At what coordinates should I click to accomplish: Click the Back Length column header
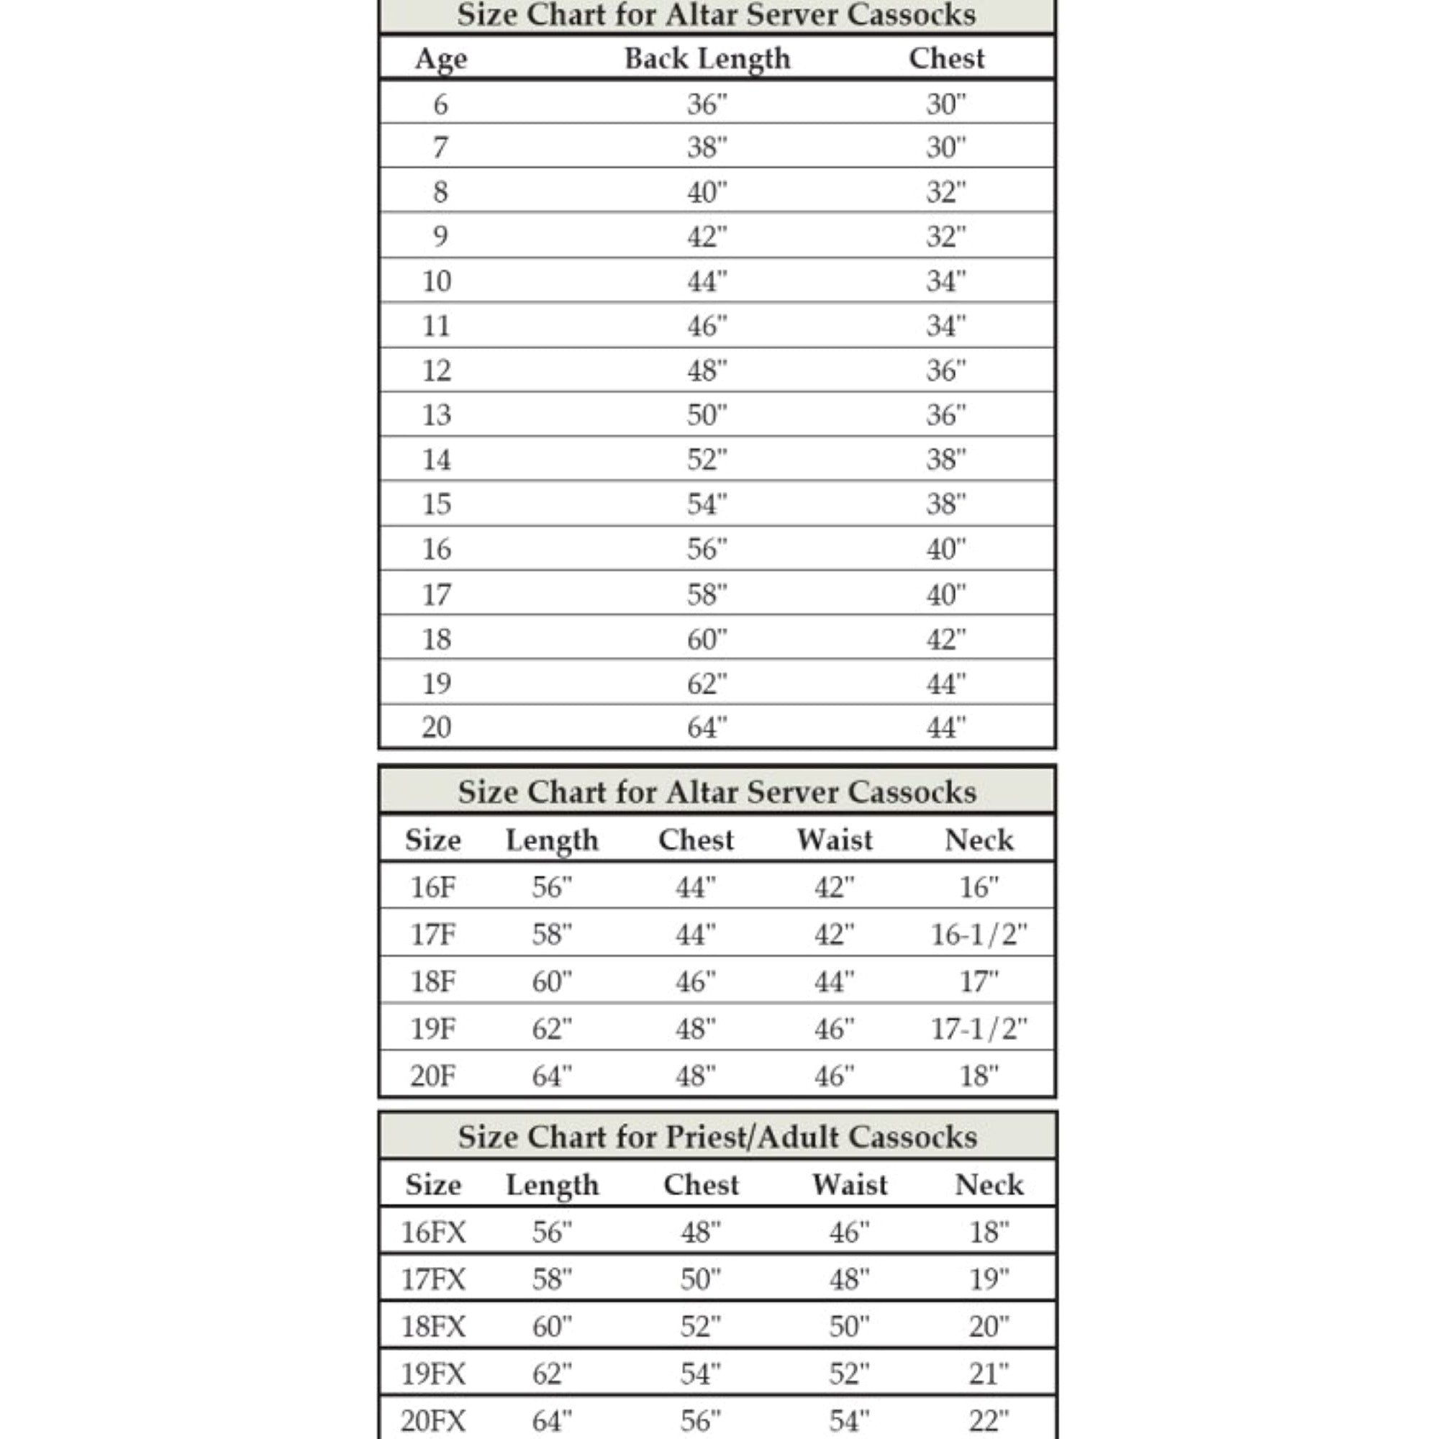[x=707, y=59]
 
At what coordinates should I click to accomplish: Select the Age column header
[x=441, y=59]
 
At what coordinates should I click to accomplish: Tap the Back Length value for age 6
[x=707, y=104]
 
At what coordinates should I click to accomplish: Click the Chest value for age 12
[x=946, y=370]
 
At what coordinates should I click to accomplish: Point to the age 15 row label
[x=437, y=504]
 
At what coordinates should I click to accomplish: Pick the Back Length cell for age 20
[x=707, y=727]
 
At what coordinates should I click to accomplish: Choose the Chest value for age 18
[x=946, y=639]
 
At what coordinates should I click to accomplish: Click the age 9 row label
[x=440, y=236]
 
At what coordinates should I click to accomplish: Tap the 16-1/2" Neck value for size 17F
[x=979, y=934]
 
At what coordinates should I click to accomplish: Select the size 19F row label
[x=432, y=1029]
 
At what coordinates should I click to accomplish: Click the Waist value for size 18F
[x=834, y=981]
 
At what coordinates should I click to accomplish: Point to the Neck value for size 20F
[x=979, y=1076]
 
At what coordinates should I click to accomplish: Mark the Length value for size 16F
[x=552, y=887]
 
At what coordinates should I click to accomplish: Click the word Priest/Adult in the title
[x=752, y=1138]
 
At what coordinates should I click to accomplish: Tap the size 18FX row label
[x=433, y=1327]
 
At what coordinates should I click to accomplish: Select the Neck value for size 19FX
[x=989, y=1374]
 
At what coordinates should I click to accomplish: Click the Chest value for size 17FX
[x=700, y=1279]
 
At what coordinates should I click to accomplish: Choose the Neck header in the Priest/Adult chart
[x=989, y=1185]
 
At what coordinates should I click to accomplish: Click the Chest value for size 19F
[x=696, y=1029]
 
